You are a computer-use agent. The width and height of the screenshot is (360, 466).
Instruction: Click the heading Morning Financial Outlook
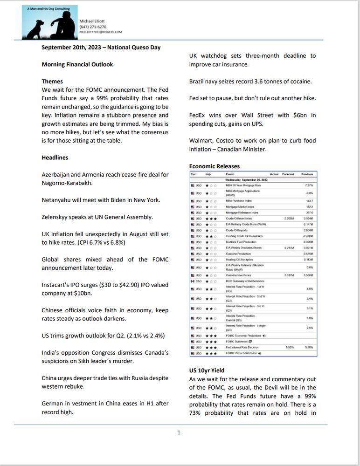pos(77,64)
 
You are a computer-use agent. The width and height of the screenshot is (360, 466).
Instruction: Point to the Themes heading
pos(52,81)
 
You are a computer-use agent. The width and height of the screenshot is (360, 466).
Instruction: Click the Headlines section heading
pos(55,158)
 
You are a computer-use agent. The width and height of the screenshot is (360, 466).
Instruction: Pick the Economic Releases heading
pos(215,166)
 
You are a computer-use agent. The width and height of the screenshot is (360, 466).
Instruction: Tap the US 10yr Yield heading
pos(207,370)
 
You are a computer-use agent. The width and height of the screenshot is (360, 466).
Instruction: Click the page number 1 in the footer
pos(179,432)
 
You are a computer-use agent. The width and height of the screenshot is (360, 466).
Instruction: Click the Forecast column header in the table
pos(287,174)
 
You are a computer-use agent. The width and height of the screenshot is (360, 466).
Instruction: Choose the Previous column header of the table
pos(307,174)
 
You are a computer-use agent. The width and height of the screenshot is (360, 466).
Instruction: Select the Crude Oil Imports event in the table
pos(236,230)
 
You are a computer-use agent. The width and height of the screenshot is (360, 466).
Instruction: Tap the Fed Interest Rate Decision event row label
pos(243,347)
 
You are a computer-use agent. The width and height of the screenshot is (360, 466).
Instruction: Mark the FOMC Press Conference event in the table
pos(243,353)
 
